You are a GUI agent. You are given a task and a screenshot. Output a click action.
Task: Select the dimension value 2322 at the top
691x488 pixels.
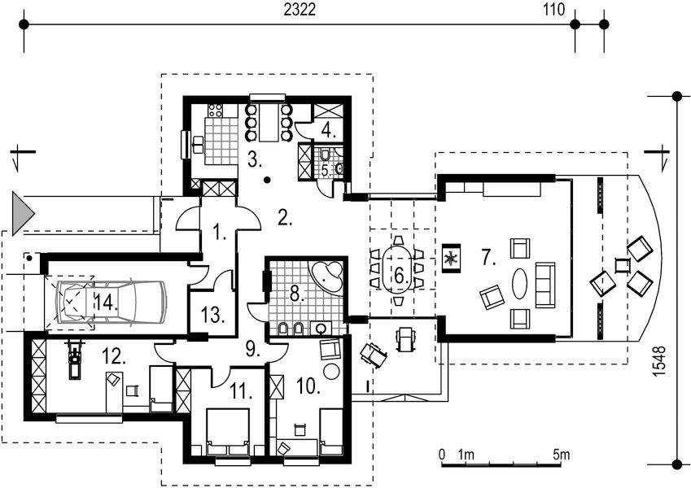pyautogui.click(x=299, y=10)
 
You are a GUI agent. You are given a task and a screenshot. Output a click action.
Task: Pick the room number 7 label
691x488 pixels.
pyautogui.click(x=488, y=259)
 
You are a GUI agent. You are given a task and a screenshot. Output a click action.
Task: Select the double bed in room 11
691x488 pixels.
pyautogui.click(x=227, y=431)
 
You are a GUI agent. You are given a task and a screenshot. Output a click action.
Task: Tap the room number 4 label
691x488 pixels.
pyautogui.click(x=326, y=129)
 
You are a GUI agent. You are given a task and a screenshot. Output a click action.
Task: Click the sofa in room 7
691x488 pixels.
pyautogui.click(x=544, y=285)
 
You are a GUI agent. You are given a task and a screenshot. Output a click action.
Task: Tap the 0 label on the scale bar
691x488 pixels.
pyautogui.click(x=441, y=454)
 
